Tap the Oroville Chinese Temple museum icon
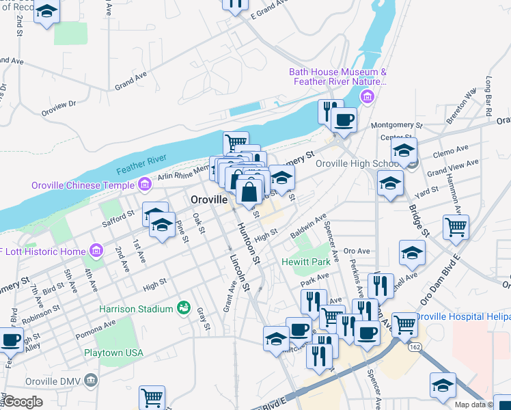tap(144, 184)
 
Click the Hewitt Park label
tap(305, 262)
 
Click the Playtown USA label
tap(113, 353)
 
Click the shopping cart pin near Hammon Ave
tap(456, 227)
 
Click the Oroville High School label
tap(358, 164)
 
